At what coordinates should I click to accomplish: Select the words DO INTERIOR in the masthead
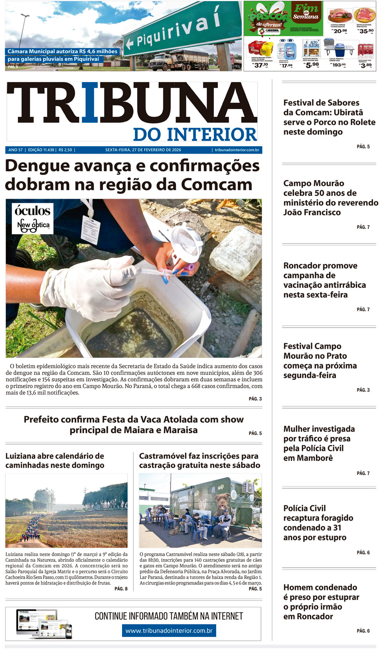pyautogui.click(x=195, y=134)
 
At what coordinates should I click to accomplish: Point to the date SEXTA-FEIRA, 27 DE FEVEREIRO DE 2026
pyautogui.click(x=143, y=150)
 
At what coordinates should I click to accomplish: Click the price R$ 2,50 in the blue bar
pyautogui.click(x=65, y=150)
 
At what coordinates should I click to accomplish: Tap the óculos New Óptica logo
pyautogui.click(x=32, y=218)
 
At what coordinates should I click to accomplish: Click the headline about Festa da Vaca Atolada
pyautogui.click(x=134, y=425)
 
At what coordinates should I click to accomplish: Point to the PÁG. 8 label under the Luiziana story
pyautogui.click(x=121, y=589)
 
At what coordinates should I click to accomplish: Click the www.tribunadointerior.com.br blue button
pyautogui.click(x=169, y=631)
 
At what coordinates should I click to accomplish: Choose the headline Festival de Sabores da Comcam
pyautogui.click(x=329, y=117)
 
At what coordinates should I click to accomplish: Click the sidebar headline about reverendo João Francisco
pyautogui.click(x=330, y=198)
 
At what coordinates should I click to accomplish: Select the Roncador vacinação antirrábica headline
pyautogui.click(x=325, y=280)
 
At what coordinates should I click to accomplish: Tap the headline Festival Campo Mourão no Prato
pyautogui.click(x=320, y=360)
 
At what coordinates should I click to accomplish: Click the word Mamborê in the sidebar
pyautogui.click(x=308, y=458)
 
